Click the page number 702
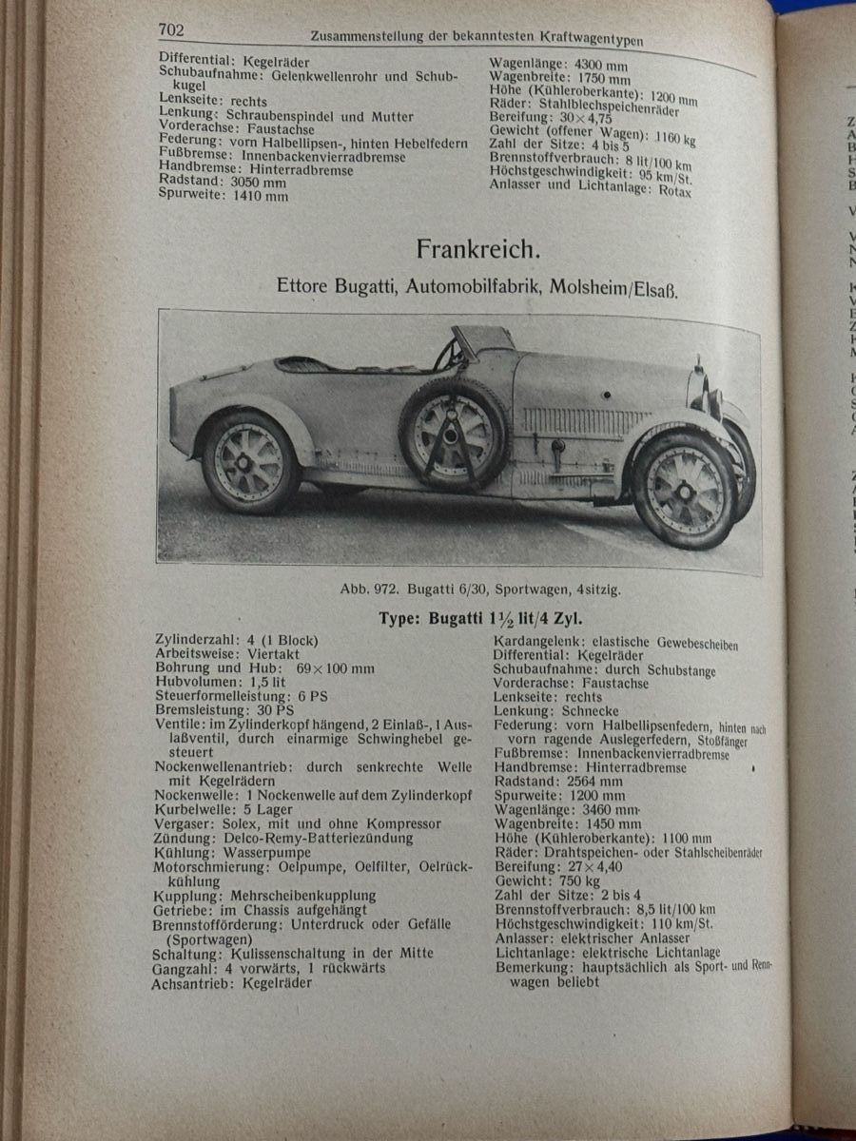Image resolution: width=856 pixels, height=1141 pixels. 171,29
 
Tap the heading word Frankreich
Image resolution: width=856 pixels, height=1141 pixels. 477,250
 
